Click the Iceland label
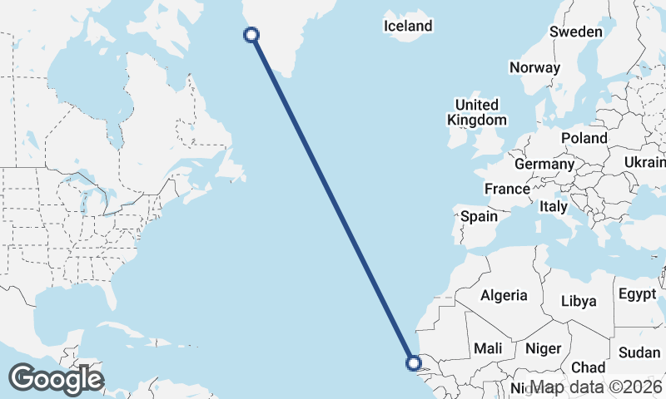point(408,26)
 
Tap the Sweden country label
point(575,32)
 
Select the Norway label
point(534,68)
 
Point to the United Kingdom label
point(476,112)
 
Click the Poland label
point(584,138)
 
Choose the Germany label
point(544,164)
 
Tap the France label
point(507,189)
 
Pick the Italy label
point(554,206)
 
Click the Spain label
point(480,216)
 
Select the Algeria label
point(504,295)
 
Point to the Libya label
point(579,301)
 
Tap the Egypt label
point(638,294)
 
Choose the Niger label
point(542,349)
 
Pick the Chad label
point(588,367)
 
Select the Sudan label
point(639,352)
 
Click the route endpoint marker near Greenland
point(251,34)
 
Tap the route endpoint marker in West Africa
point(412,362)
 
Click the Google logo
point(56,379)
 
